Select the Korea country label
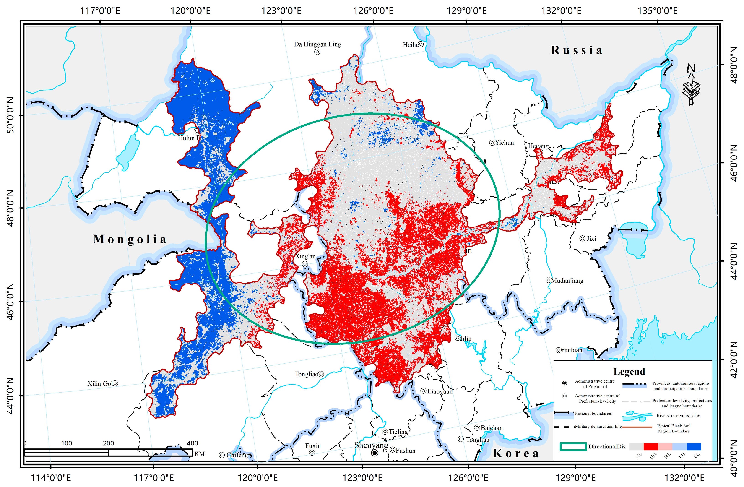[516, 453]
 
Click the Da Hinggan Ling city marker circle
[317, 52]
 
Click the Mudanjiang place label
[567, 281]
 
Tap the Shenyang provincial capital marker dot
[375, 453]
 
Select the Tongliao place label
[306, 374]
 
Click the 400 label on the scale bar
[192, 443]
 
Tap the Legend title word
[629, 372]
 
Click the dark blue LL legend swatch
[694, 446]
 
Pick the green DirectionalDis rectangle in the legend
[573, 447]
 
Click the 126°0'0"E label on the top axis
[373, 11]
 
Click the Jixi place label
[591, 239]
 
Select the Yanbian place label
[571, 350]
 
